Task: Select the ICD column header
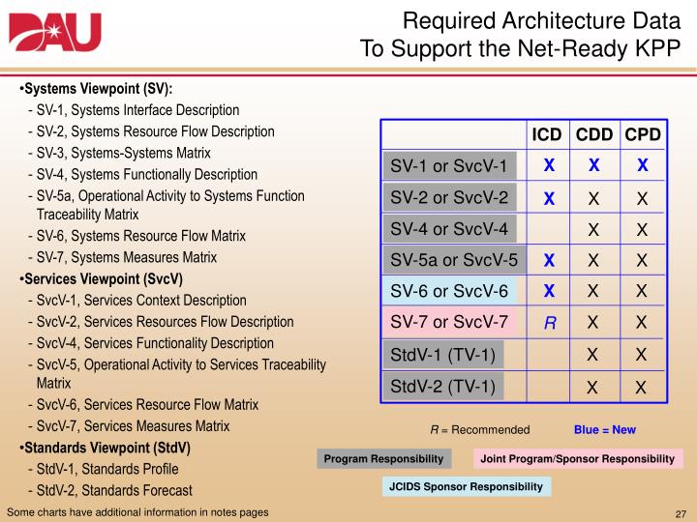(548, 134)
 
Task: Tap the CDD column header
(595, 134)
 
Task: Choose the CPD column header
(642, 134)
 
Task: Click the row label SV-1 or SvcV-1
(449, 166)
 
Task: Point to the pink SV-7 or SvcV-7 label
(449, 323)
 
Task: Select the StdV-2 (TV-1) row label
(442, 388)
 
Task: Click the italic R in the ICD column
(548, 325)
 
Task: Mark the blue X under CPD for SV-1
(642, 166)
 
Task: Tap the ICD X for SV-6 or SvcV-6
(548, 292)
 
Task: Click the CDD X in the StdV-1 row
(594, 356)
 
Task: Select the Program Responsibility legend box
(384, 458)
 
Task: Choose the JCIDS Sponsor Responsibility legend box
(466, 487)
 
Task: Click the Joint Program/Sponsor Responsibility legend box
(578, 458)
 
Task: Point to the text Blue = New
(605, 429)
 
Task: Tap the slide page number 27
(680, 511)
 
